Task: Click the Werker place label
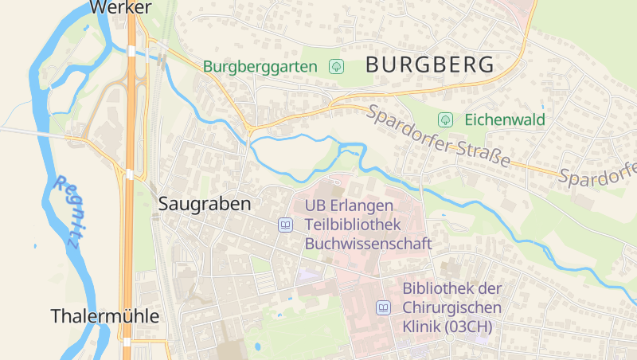pyautogui.click(x=120, y=7)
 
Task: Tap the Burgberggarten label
pyautogui.click(x=260, y=67)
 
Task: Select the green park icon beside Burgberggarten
pyautogui.click(x=336, y=67)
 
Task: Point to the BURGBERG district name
pyautogui.click(x=430, y=65)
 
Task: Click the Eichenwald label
pyautogui.click(x=505, y=120)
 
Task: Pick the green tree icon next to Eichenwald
pyautogui.click(x=446, y=120)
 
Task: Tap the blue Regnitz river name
pyautogui.click(x=67, y=211)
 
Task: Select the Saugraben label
pyautogui.click(x=205, y=204)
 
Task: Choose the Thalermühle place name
pyautogui.click(x=105, y=316)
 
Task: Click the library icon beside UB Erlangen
pyautogui.click(x=285, y=225)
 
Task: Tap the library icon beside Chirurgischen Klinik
pyautogui.click(x=383, y=307)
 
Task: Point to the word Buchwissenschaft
pyautogui.click(x=368, y=244)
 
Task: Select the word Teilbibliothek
pyautogui.click(x=350, y=225)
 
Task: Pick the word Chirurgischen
pyautogui.click(x=451, y=307)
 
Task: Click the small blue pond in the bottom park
pyautogui.click(x=257, y=346)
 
